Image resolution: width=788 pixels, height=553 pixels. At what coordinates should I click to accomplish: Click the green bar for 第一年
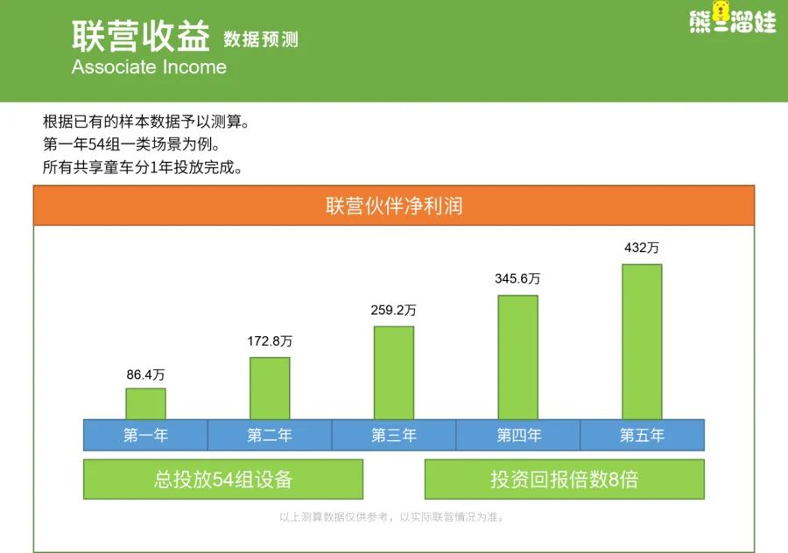(x=145, y=403)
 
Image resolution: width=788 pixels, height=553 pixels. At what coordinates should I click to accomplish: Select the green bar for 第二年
(x=270, y=388)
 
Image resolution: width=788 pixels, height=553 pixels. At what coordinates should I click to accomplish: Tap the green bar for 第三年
(x=394, y=373)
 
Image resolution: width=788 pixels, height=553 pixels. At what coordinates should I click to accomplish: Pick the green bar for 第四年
(x=518, y=357)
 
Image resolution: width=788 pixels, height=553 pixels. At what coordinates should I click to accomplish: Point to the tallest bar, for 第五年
(x=642, y=341)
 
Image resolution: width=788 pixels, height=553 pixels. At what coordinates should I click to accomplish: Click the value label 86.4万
(x=145, y=374)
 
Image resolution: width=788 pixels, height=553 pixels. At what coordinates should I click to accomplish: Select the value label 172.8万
(x=270, y=341)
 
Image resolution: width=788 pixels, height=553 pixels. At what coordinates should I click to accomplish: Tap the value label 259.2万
(x=394, y=310)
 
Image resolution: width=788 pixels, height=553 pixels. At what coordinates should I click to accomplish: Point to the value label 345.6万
(x=518, y=278)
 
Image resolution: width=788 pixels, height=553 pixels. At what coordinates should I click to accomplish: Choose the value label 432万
(x=642, y=248)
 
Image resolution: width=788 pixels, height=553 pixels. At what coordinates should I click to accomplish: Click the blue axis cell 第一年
(x=145, y=435)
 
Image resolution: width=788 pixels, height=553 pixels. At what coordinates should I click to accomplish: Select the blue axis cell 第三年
(x=394, y=435)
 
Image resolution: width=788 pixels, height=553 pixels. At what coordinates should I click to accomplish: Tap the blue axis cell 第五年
(x=642, y=435)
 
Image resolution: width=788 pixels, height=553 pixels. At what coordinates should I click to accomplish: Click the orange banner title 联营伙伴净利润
(x=394, y=206)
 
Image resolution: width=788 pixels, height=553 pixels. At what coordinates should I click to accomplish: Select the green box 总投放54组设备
(x=223, y=479)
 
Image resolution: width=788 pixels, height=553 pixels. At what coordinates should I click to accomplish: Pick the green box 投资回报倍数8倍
(x=564, y=479)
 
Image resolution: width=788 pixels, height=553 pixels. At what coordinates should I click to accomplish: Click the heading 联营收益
(x=141, y=38)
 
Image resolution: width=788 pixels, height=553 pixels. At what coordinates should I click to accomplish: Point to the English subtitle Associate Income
(x=149, y=67)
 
